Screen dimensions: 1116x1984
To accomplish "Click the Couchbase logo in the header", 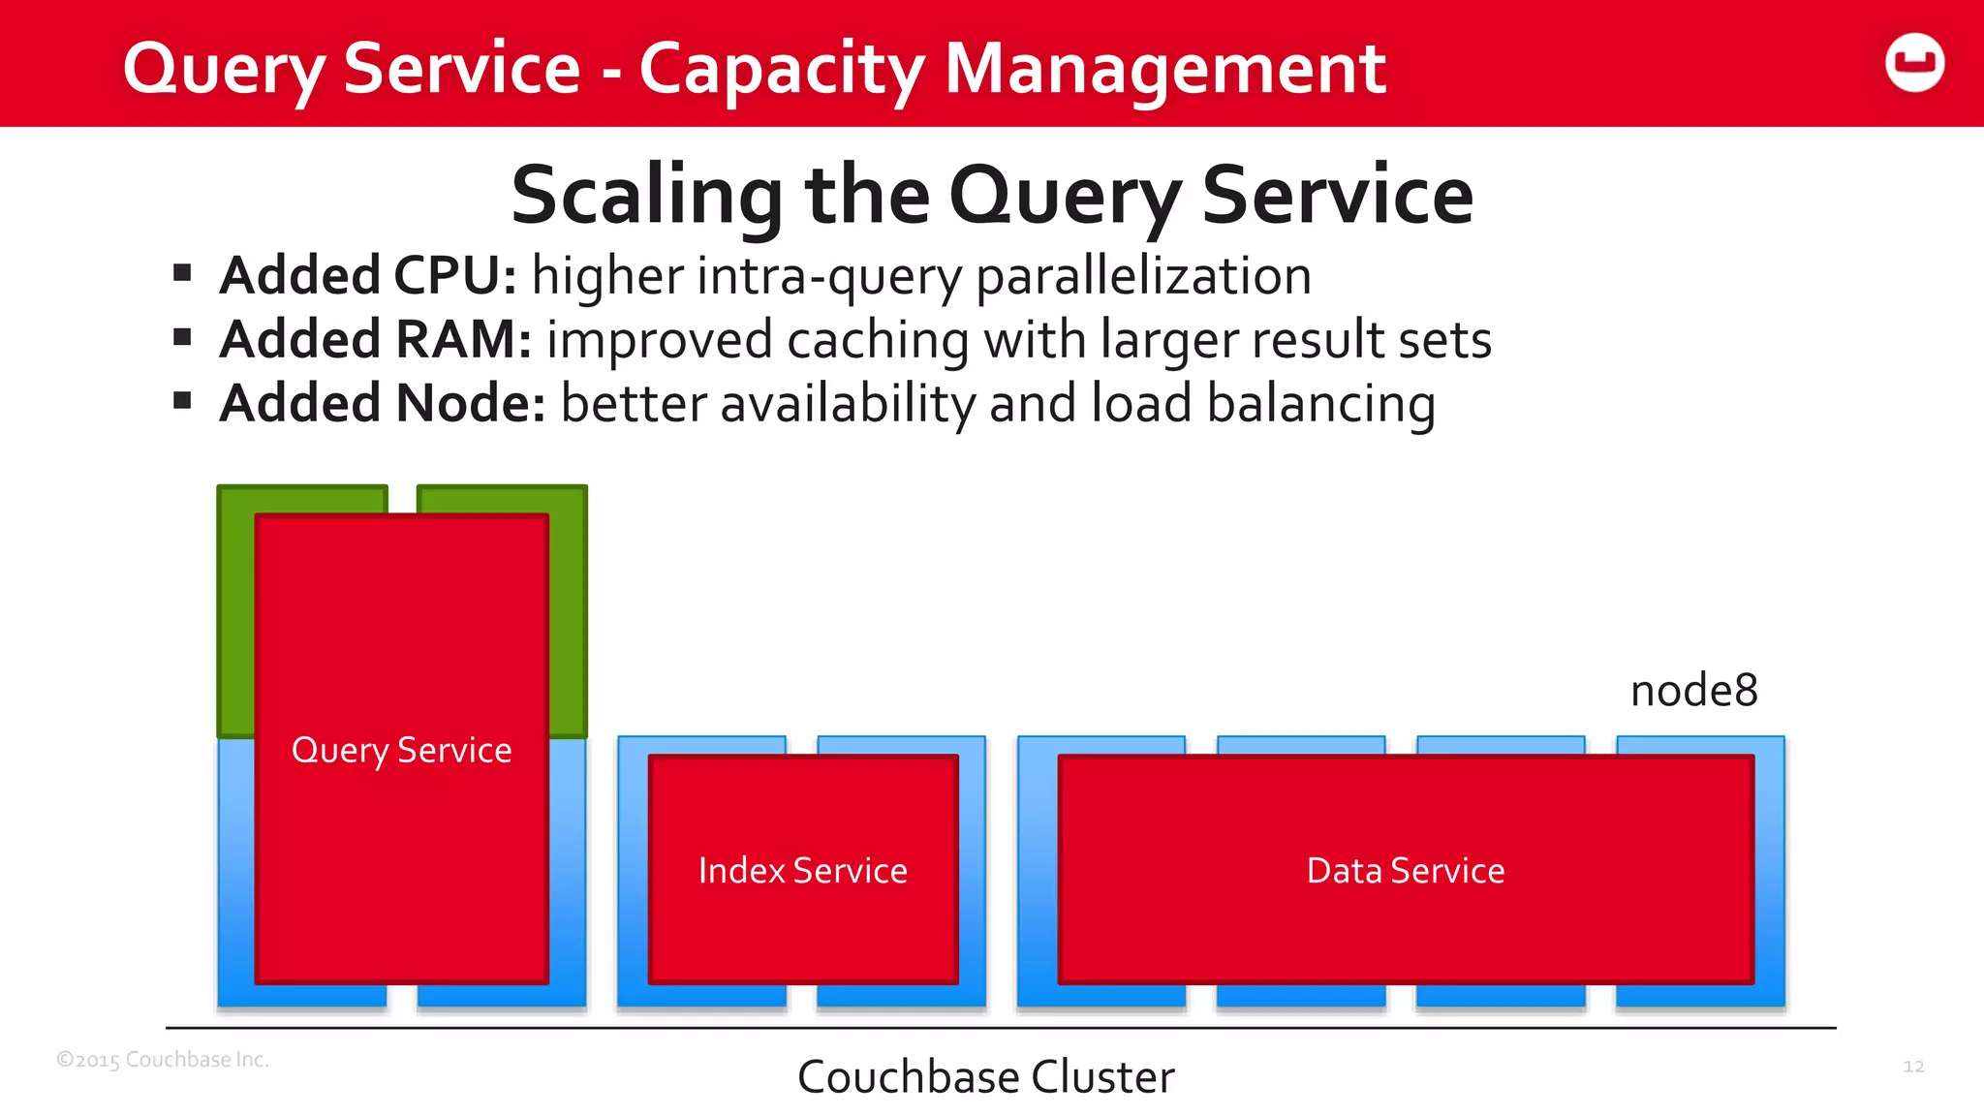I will click(1914, 63).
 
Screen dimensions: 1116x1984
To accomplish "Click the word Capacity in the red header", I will click(782, 70).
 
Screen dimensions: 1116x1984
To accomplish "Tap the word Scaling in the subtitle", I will click(647, 196).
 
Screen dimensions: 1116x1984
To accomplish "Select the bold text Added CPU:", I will click(368, 276).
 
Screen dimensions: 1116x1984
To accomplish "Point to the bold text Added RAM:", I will click(376, 340).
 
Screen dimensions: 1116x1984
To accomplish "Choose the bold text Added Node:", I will click(383, 404).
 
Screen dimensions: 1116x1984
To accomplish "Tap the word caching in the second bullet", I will click(878, 340).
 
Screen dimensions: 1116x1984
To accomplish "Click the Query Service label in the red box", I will click(401, 751).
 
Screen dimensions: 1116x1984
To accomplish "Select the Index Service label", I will click(803, 871).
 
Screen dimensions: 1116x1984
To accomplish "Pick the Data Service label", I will click(1406, 871).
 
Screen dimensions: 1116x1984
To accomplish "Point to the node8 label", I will click(1693, 692).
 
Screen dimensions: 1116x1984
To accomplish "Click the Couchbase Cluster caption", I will click(986, 1077).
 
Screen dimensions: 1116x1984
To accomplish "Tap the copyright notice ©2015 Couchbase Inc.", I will click(163, 1060).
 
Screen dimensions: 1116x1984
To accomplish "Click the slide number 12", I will click(1913, 1067).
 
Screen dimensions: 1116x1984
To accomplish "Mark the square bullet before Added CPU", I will click(182, 273).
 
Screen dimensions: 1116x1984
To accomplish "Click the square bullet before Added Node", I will click(182, 401).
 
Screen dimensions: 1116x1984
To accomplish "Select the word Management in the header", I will click(1165, 70).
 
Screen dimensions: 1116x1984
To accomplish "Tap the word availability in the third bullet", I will click(848, 404).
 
